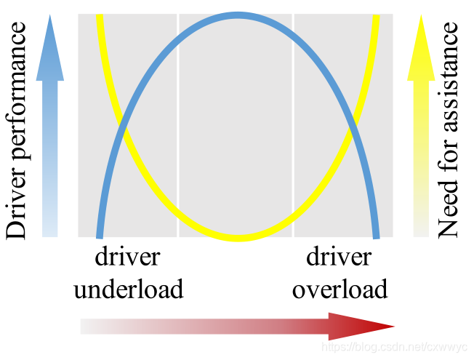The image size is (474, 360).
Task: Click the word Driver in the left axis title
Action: click(16, 212)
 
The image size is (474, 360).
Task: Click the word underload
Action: click(128, 289)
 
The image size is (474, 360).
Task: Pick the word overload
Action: click(340, 289)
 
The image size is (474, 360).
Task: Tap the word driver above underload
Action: click(127, 257)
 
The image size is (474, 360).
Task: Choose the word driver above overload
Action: click(339, 257)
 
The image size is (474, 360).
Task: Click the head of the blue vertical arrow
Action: click(49, 47)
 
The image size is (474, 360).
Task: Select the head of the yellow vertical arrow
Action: click(421, 47)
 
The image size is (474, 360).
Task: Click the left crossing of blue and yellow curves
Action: click(124, 131)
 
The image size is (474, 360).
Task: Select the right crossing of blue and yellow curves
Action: click(352, 131)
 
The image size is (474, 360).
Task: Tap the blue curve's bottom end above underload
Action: click(100, 234)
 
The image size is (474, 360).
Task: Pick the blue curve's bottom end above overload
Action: click(377, 234)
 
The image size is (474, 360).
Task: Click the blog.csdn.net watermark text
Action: click(392, 348)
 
